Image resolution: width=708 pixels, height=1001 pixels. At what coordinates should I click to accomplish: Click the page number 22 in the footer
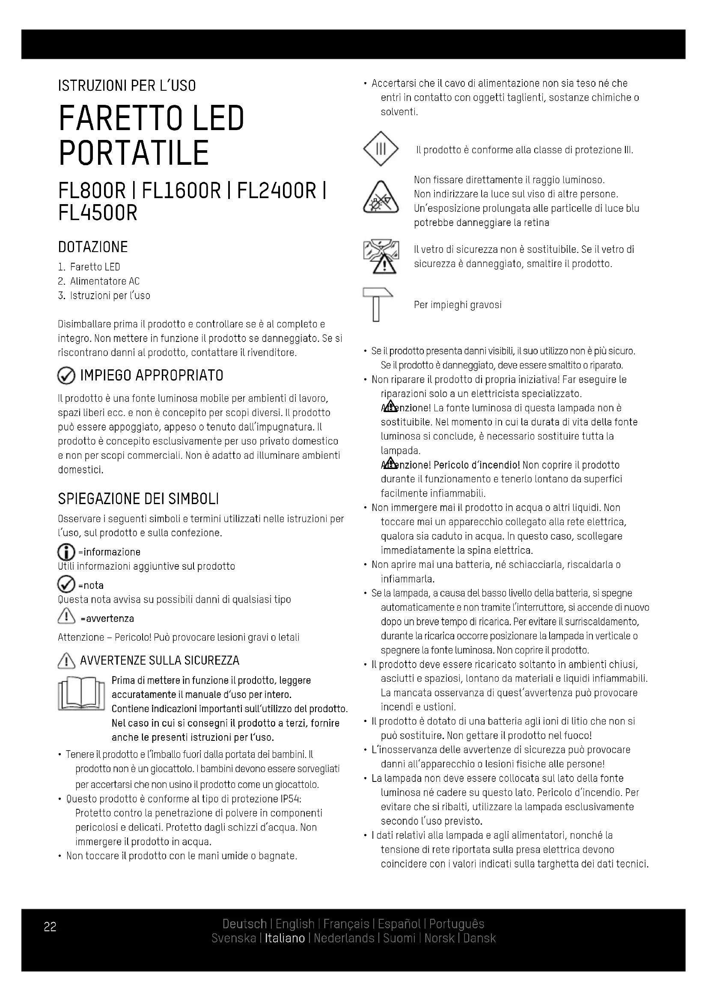pyautogui.click(x=50, y=927)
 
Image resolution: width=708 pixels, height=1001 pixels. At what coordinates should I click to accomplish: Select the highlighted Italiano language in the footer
pyautogui.click(x=285, y=938)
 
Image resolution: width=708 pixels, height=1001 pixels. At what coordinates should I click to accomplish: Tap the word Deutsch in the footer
pyautogui.click(x=244, y=924)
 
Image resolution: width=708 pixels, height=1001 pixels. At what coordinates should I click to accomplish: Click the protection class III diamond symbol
pyautogui.click(x=381, y=149)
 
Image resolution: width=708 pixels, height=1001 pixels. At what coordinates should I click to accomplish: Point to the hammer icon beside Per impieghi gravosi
pyautogui.click(x=377, y=304)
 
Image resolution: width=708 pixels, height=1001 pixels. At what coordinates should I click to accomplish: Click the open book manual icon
pyautogui.click(x=81, y=694)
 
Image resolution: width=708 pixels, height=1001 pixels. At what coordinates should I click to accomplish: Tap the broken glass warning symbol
pyautogui.click(x=381, y=257)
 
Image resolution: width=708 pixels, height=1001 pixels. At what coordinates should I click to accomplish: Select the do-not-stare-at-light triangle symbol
pyautogui.click(x=381, y=197)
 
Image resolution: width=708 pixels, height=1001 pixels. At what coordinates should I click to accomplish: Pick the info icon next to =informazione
pyautogui.click(x=66, y=553)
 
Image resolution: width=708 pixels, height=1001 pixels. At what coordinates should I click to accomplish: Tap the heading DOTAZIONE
pyautogui.click(x=93, y=247)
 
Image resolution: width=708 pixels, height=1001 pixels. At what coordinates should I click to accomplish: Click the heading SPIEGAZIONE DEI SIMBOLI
pyautogui.click(x=138, y=499)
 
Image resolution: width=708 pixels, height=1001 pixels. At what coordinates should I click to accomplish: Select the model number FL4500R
pyautogui.click(x=98, y=213)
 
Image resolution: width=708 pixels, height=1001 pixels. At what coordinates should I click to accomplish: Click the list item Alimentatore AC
pyautogui.click(x=104, y=281)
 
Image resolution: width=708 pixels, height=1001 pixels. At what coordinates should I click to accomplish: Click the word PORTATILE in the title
pyautogui.click(x=134, y=153)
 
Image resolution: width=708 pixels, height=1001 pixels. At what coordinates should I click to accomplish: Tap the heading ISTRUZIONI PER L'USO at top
pyautogui.click(x=127, y=86)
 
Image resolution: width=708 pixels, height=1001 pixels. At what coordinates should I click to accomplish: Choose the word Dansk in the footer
pyautogui.click(x=479, y=938)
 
